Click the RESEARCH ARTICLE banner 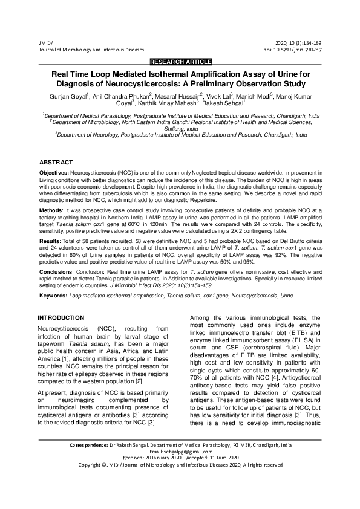[180, 62]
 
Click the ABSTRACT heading [56, 163]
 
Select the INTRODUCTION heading [61, 318]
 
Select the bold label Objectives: [54, 173]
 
